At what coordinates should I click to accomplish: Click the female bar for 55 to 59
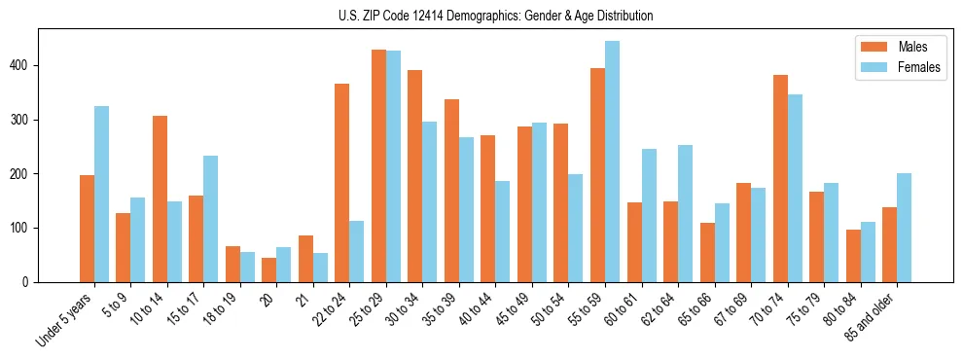(x=612, y=162)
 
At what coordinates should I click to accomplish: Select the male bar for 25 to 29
(x=378, y=165)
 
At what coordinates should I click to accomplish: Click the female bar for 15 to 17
(x=211, y=219)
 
